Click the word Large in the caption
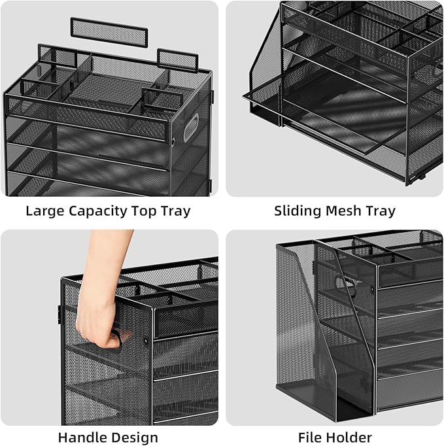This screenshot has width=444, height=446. pyautogui.click(x=45, y=211)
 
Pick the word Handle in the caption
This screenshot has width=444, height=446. pyautogui.click(x=82, y=437)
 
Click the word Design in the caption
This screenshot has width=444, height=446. pyautogui.click(x=133, y=438)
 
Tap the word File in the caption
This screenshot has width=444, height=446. pyautogui.click(x=310, y=437)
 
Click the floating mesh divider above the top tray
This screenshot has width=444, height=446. pyautogui.click(x=109, y=33)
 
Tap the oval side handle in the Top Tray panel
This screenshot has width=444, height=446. pyautogui.click(x=191, y=128)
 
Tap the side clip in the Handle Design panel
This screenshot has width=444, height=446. pyautogui.click(x=60, y=315)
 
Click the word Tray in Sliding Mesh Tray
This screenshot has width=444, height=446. pyautogui.click(x=381, y=211)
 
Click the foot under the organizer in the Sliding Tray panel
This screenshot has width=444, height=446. pyautogui.click(x=421, y=177)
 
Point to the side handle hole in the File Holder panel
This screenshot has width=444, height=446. pyautogui.click(x=346, y=286)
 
